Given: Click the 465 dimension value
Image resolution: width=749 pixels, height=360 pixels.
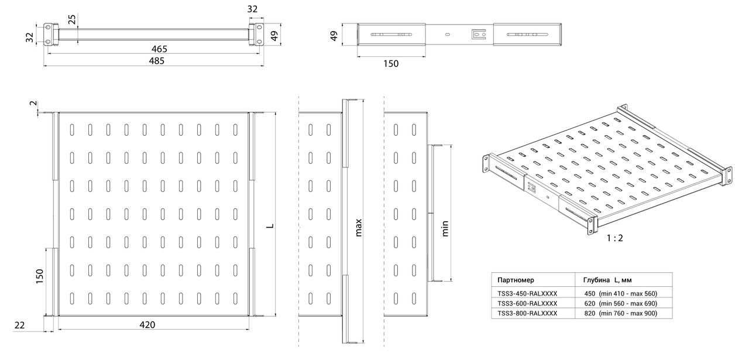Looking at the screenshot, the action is [x=159, y=49].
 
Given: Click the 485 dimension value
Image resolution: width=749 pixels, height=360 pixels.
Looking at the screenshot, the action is [x=156, y=61].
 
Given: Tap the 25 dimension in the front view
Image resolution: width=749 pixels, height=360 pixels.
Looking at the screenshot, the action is [x=72, y=19].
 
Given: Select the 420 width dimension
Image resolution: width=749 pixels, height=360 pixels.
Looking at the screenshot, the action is [x=147, y=324].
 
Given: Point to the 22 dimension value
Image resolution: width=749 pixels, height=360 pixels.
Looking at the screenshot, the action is [x=20, y=325].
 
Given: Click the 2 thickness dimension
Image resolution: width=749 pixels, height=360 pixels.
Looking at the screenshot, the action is [x=33, y=103].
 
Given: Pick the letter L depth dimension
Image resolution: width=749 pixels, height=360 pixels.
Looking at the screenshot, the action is [x=270, y=226].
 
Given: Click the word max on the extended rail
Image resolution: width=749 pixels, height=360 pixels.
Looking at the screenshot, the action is [x=359, y=228].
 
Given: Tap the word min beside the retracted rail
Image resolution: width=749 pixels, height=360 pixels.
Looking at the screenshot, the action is [x=445, y=228].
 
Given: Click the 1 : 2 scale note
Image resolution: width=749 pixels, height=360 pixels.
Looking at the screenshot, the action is [x=615, y=238].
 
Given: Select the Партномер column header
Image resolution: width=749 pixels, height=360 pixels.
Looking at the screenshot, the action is [x=516, y=280].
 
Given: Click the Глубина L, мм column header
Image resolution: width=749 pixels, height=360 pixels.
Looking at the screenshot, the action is [x=607, y=280].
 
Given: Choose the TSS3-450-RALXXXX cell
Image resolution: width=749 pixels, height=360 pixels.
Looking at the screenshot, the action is [x=527, y=293].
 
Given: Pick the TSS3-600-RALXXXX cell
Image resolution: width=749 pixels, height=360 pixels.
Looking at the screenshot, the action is [x=527, y=303].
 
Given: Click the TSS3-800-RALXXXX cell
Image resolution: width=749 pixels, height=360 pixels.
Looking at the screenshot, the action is [x=527, y=313].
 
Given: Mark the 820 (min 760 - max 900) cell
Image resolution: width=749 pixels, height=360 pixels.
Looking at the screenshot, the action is [x=621, y=313].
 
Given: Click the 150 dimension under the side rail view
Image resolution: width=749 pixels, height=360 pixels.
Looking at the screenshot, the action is [x=391, y=64].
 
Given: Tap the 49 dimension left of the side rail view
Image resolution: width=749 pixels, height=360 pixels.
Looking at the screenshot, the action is [x=334, y=36].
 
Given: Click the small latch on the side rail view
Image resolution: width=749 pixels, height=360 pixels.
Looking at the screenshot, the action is [x=479, y=34].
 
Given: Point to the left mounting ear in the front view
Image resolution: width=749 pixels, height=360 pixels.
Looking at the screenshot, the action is [x=48, y=34].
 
